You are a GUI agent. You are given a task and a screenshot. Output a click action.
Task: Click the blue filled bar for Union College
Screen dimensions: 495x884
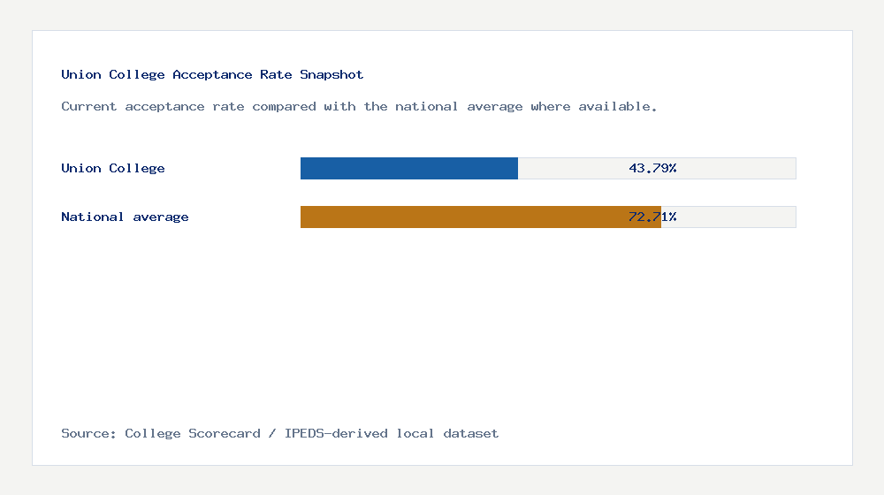pyautogui.click(x=408, y=169)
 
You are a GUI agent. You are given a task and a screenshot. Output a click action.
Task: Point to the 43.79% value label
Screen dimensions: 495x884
pyautogui.click(x=652, y=168)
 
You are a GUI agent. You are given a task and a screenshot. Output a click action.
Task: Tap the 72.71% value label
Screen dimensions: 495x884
pyautogui.click(x=652, y=217)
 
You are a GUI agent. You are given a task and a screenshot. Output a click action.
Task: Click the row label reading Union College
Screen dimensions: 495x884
pyautogui.click(x=113, y=168)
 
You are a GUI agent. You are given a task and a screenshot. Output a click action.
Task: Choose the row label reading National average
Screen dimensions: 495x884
pyautogui.click(x=125, y=217)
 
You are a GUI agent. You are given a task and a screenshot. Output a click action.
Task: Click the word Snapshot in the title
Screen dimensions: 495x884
pyautogui.click(x=331, y=74)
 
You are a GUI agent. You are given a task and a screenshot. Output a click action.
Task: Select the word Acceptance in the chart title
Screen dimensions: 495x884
pyautogui.click(x=212, y=74)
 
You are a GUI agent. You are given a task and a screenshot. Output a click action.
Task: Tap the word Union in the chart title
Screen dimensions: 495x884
pyautogui.click(x=81, y=74)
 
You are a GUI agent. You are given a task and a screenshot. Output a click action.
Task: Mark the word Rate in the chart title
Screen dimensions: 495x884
pyautogui.click(x=276, y=74)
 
